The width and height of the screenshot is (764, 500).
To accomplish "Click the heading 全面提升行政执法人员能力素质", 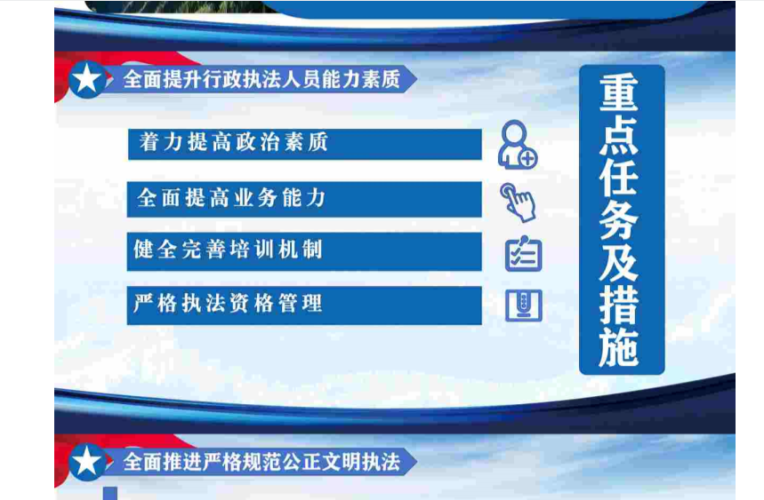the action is tap(261, 79).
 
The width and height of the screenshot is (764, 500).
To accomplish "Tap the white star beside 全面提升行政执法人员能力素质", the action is tap(87, 79).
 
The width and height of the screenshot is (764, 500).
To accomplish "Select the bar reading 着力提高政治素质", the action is tap(304, 144).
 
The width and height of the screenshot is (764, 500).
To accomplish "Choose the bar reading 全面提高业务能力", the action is tap(304, 200).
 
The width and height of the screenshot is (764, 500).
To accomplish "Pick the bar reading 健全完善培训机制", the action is tap(304, 251).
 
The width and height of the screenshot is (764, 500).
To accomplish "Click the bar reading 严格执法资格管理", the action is tap(304, 306).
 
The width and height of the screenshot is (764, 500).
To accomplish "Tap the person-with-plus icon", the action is tap(517, 145).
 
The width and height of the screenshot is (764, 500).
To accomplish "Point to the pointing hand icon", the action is tap(518, 202).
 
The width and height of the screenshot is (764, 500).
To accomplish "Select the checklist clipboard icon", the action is tap(523, 253).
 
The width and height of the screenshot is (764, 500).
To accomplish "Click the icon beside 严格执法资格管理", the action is tap(523, 306).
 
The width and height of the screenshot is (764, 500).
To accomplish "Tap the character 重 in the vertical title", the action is tap(619, 92).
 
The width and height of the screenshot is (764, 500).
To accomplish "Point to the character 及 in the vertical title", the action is tap(619, 263).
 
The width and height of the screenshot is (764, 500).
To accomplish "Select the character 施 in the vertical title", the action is tap(619, 347).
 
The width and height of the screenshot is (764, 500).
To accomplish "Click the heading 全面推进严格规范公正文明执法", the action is tap(261, 462).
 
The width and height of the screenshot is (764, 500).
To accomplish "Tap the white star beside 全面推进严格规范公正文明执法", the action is tap(87, 462).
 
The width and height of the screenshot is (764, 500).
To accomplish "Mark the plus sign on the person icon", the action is tap(528, 159).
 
